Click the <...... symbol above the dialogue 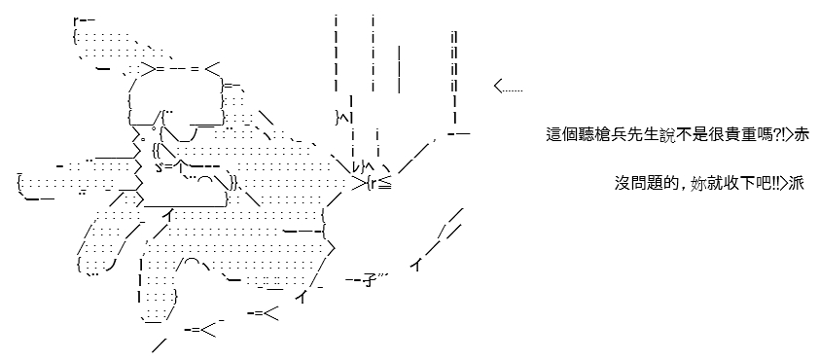pyautogui.click(x=508, y=87)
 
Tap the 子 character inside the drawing pyautogui.click(x=370, y=283)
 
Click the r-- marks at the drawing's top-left pyautogui.click(x=84, y=20)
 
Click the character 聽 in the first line pyautogui.click(x=591, y=135)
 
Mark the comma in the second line pyautogui.click(x=684, y=188)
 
